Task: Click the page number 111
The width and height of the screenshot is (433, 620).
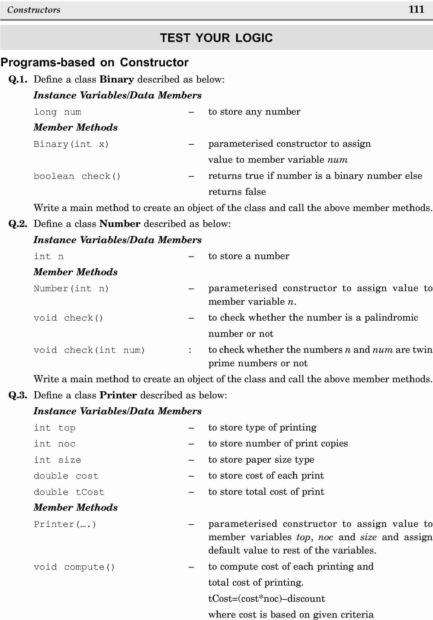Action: pos(416,10)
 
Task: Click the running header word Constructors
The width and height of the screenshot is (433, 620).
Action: pos(34,10)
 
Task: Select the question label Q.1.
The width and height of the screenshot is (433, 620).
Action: pos(18,79)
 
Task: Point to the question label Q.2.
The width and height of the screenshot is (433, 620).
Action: pos(18,224)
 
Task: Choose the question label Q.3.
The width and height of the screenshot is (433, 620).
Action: pos(18,395)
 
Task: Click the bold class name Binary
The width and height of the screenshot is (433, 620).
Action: pos(117,79)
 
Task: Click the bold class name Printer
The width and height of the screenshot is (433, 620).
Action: pos(118,395)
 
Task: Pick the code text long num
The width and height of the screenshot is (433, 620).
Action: pos(57,112)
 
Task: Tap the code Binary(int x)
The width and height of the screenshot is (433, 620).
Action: pos(71,144)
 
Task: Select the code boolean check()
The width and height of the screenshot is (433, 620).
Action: pos(77,176)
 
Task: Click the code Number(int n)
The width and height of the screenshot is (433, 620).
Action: pos(71,289)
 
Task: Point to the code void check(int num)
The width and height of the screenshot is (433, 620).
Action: pos(89,350)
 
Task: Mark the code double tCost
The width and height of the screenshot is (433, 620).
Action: pos(69,492)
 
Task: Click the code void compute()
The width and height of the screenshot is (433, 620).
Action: pos(74,567)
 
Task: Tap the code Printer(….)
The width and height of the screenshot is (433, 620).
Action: pos(65,524)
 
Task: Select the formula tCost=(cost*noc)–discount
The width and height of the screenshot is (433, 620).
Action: pos(267,599)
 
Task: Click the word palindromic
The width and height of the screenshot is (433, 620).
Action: pos(391,318)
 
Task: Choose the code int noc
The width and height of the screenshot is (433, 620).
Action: pos(54,444)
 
